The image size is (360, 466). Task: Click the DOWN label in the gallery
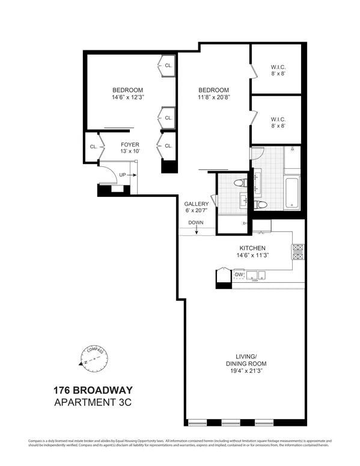pyautogui.click(x=196, y=223)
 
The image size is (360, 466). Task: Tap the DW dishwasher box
pyautogui.click(x=239, y=275)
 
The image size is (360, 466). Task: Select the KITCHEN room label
pyautogui.click(x=251, y=247)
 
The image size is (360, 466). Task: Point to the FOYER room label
pyautogui.click(x=130, y=144)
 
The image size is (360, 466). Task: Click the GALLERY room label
pyautogui.click(x=196, y=204)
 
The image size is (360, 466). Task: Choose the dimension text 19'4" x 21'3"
pyautogui.click(x=246, y=372)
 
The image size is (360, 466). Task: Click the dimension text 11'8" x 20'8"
pyautogui.click(x=215, y=97)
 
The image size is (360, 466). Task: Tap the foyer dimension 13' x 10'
pyautogui.click(x=130, y=152)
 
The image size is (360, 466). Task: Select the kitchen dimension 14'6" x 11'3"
pyautogui.click(x=251, y=255)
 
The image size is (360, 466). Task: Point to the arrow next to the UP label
pyautogui.click(x=132, y=175)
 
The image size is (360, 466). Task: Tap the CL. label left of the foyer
pyautogui.click(x=94, y=146)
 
